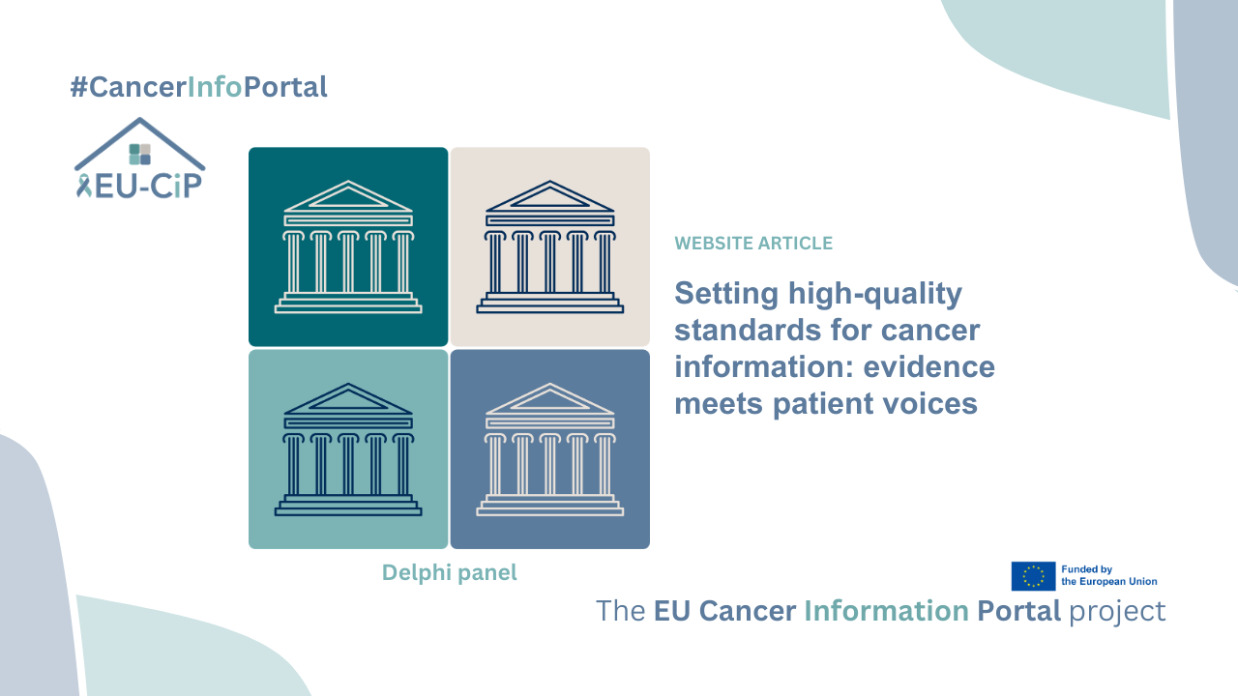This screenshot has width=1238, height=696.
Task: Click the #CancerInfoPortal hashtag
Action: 198,87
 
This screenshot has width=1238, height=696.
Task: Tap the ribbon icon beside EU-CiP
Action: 83,185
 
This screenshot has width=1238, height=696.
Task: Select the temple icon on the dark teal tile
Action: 348,246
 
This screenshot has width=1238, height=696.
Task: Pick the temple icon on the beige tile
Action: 549,246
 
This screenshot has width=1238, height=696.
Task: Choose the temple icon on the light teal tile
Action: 348,449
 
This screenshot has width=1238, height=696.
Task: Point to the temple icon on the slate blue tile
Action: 549,449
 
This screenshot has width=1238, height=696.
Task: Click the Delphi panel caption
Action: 449,572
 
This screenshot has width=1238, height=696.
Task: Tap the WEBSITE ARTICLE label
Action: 753,244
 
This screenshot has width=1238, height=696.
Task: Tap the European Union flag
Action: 1033,576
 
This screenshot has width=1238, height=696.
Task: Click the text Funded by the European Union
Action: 1108,576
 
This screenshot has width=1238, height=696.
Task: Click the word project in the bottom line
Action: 1118,612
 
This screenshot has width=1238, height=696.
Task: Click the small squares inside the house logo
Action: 140,154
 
